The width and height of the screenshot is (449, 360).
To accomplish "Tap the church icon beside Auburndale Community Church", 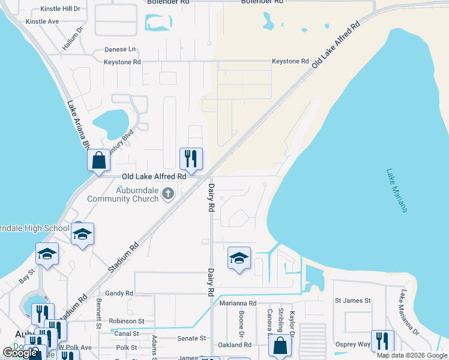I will point(169,193).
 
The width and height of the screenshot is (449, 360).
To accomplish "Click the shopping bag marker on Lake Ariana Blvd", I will point(98,161).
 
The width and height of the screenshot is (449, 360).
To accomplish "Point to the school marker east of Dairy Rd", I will point(239,259).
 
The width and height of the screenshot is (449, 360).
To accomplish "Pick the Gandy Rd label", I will point(119,293).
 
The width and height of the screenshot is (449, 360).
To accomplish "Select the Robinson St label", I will point(127,321).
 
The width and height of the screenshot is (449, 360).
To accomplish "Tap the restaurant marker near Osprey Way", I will point(382,341).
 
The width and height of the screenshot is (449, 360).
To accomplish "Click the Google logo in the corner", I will point(20,353).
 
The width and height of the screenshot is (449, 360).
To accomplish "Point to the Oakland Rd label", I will point(235,345).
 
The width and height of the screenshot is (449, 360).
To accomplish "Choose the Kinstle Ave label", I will point(42,22).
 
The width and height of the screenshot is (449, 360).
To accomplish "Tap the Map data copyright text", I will point(411,355).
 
